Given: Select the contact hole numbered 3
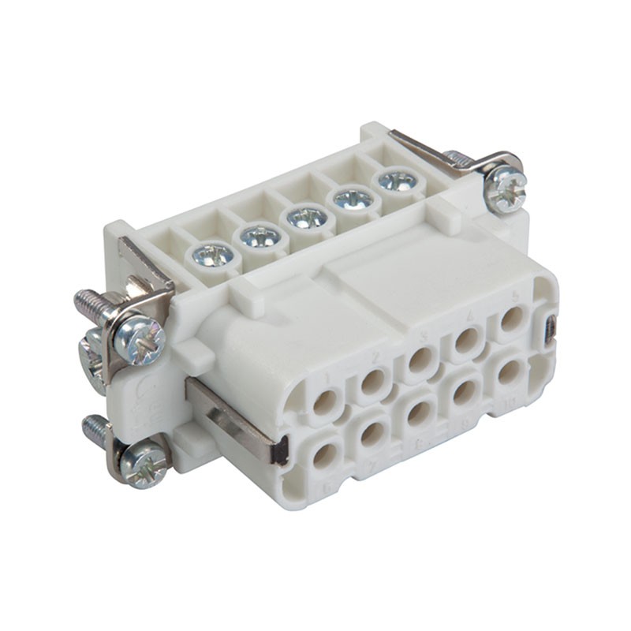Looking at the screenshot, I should [420, 360].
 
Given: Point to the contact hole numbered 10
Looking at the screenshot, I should [509, 372].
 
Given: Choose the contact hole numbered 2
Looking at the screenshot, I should [372, 382].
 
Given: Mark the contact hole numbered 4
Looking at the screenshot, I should [467, 339].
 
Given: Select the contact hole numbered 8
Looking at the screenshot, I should [419, 412].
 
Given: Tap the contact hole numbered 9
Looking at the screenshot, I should [465, 391].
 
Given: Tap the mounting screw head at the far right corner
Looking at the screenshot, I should [506, 189].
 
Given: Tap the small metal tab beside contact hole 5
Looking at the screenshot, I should [551, 327].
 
